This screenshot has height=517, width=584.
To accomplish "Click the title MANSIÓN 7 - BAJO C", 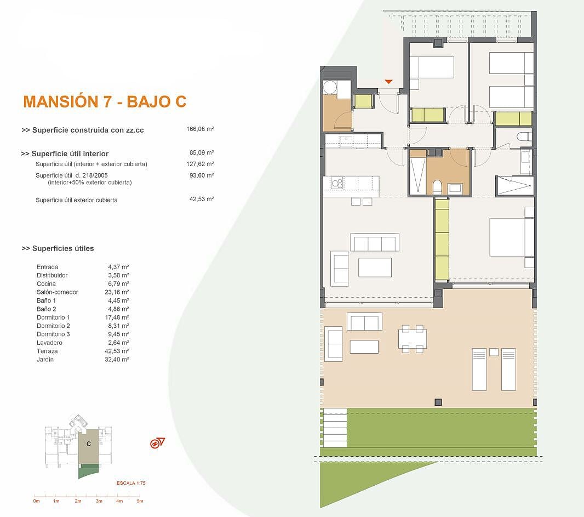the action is [x=105, y=102].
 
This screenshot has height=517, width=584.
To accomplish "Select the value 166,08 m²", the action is [x=200, y=129].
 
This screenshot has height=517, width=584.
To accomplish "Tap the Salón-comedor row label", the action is [x=58, y=292].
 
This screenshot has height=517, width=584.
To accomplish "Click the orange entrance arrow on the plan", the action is [x=388, y=81].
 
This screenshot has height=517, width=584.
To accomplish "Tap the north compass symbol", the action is [x=157, y=443].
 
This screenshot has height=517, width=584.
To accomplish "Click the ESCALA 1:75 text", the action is [x=131, y=483].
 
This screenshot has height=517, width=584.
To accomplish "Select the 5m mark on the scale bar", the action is [x=140, y=501].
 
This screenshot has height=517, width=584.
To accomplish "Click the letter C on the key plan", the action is [x=89, y=444].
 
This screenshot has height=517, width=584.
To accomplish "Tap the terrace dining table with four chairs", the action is [x=413, y=338].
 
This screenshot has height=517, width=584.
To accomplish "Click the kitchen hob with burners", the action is [x=337, y=183].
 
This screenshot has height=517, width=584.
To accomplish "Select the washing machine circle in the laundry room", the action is [x=330, y=88].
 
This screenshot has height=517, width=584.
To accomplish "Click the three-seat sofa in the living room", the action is [x=375, y=243].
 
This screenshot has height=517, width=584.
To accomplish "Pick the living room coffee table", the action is [x=375, y=267].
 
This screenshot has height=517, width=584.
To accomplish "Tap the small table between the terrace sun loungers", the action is [x=494, y=352].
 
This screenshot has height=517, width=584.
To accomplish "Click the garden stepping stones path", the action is [x=335, y=428].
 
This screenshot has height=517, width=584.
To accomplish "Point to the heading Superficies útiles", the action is [x=58, y=248].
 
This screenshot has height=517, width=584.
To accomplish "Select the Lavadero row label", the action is [x=49, y=343].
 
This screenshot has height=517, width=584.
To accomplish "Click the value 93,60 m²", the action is [x=202, y=175].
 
